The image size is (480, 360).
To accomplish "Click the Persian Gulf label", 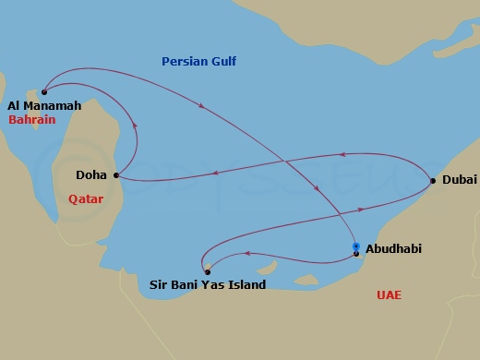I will [198, 62].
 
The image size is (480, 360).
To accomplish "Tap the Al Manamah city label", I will [43, 106].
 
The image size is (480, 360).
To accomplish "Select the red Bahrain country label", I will [32, 120].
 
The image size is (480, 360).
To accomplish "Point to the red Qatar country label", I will [86, 198].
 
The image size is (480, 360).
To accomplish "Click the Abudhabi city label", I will [395, 248].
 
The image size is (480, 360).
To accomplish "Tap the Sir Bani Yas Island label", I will [208, 285].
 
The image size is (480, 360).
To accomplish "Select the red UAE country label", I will [389, 295].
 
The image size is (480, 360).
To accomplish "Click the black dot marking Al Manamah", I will [44, 91].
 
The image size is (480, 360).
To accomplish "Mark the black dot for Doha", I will [115, 174].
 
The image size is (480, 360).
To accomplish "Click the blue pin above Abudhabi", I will [356, 246].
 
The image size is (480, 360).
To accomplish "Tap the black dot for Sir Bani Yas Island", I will [207, 271].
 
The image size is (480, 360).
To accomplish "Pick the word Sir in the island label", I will [159, 285].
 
